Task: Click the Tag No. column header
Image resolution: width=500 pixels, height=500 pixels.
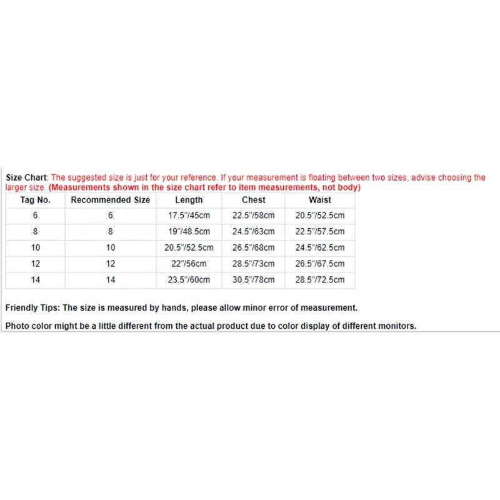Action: point(36,200)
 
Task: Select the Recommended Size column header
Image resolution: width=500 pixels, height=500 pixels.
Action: point(111,200)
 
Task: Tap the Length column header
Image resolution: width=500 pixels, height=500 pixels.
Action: point(189,200)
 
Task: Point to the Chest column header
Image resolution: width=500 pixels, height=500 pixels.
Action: point(253,200)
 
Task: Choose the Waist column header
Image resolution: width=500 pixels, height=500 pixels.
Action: point(319,200)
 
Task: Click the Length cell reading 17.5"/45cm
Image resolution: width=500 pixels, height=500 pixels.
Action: point(189,216)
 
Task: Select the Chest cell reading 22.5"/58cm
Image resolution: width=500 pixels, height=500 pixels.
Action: point(253,216)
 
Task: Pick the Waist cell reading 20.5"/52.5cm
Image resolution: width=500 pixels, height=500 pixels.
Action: point(319,216)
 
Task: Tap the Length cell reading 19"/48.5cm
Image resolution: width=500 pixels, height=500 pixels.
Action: point(189,232)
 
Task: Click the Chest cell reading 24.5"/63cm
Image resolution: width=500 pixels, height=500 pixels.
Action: point(253,232)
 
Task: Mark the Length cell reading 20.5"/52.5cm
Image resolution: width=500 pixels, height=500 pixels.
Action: point(189,247)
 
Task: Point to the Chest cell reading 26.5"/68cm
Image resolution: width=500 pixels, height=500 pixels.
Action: point(253,247)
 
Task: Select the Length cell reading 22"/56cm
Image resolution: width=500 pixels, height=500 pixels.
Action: point(189,264)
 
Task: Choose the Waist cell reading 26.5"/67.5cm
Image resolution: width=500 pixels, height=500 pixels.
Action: point(319,264)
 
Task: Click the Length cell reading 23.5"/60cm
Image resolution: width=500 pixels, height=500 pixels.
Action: point(189,280)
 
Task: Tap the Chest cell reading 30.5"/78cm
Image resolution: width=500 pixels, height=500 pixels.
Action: point(253,280)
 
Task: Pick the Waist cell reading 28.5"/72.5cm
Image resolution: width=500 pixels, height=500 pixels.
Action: point(319,280)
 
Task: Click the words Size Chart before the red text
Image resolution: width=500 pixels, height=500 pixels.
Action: point(26,177)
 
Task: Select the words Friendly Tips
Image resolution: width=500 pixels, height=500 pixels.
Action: point(32,307)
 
